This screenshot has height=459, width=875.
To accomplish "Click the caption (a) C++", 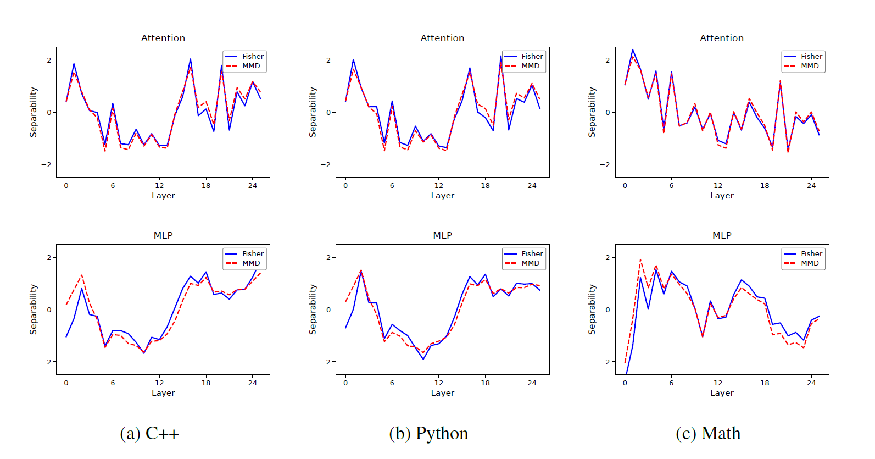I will click(x=149, y=434).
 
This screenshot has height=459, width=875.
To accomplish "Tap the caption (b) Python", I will click(x=428, y=434).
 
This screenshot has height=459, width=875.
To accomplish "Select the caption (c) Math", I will click(x=708, y=434).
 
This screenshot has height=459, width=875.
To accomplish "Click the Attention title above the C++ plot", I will click(x=163, y=38).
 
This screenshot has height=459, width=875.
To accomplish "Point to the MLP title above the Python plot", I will click(x=442, y=235).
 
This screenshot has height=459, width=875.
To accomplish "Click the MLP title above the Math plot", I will click(x=722, y=235).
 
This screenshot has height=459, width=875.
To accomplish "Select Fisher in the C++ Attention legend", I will click(x=253, y=56).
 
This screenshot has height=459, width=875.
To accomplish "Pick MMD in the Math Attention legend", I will click(x=810, y=66).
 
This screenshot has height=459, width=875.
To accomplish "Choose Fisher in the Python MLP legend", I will click(x=532, y=253).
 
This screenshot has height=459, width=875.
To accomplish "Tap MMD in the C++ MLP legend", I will click(x=251, y=263).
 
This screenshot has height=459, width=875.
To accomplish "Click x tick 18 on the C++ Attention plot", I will click(x=206, y=186).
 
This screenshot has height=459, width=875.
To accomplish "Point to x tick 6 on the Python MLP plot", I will click(x=392, y=383).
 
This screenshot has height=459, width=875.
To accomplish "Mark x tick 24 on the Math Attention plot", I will click(x=811, y=186).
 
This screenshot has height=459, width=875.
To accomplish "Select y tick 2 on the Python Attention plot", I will click(x=328, y=60).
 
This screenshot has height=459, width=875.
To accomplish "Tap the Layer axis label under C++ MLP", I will click(x=163, y=393).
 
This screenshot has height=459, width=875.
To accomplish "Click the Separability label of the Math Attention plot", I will click(x=592, y=112).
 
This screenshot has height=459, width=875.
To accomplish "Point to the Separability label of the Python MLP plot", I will click(x=313, y=309).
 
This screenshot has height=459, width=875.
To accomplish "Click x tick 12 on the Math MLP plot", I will click(x=718, y=383).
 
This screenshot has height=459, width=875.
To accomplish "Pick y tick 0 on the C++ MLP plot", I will click(x=49, y=309).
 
